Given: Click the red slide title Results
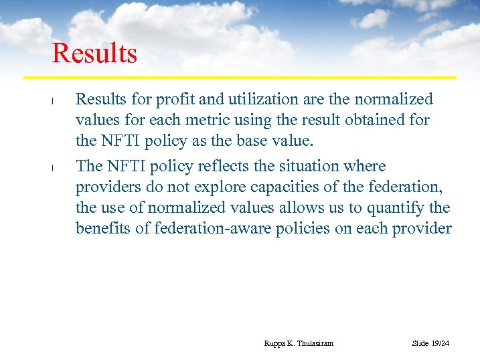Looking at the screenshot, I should pos(94,54).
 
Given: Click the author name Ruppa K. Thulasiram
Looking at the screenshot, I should pos(299,343).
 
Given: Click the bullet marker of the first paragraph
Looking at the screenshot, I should pos(52,102).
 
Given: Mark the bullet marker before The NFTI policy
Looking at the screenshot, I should pos(52,168).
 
